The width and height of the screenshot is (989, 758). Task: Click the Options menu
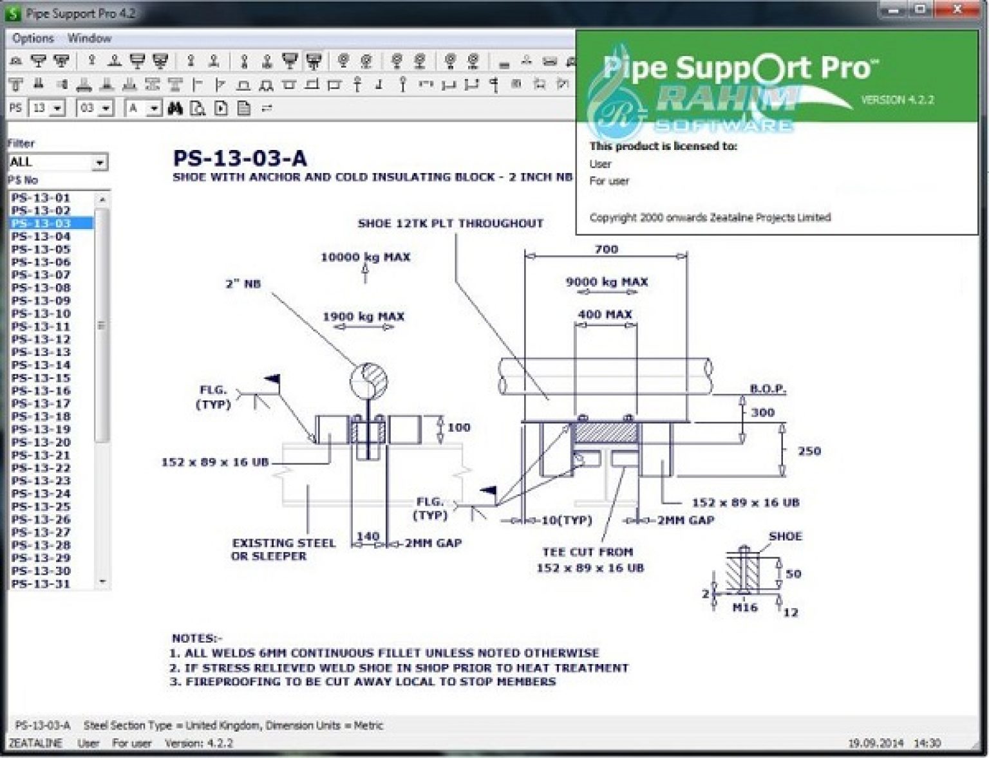point(33,39)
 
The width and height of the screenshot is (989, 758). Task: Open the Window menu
point(89,39)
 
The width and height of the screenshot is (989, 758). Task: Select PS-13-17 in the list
point(41,403)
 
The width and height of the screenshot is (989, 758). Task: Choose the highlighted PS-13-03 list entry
point(41,223)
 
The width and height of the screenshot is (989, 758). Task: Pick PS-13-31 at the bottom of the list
point(41,584)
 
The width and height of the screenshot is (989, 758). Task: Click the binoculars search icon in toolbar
point(175,108)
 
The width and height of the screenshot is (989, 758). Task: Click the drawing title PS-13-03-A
point(240,158)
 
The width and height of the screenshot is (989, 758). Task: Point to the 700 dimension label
point(606,249)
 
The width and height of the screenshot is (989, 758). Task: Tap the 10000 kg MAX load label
point(365,257)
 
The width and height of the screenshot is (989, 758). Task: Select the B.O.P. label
point(768,389)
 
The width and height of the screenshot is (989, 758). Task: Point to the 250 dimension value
point(809,451)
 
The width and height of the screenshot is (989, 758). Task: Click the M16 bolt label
point(745,607)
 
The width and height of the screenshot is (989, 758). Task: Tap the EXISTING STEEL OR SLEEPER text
point(283,550)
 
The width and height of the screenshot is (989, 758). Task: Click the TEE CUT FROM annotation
point(588,552)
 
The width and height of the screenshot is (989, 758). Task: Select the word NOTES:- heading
point(196,638)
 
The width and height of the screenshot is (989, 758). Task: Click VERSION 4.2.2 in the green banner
point(897,100)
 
